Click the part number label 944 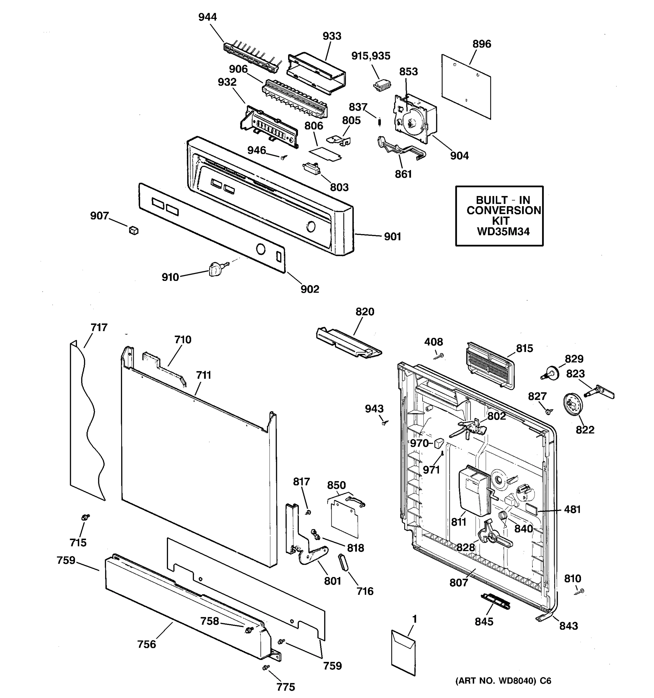pos(207,17)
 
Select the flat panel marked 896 pos(466,86)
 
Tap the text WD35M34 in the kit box pos(503,232)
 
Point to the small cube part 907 pos(134,231)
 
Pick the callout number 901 pos(392,237)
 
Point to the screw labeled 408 pos(439,356)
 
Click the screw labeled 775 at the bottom pos(266,667)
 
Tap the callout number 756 pos(147,644)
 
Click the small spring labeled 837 pos(379,121)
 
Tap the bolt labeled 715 pos(85,517)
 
